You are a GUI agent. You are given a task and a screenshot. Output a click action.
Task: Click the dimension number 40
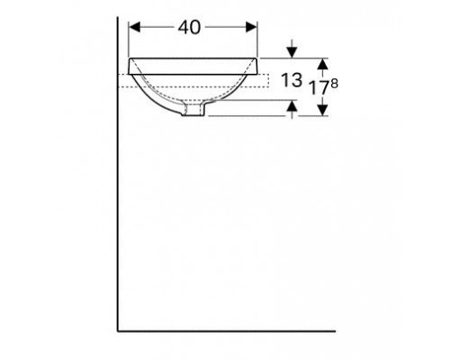pyautogui.click(x=189, y=28)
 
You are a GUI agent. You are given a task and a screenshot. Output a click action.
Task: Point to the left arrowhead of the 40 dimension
pyautogui.click(x=135, y=28)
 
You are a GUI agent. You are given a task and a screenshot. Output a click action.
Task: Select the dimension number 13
pyautogui.click(x=290, y=81)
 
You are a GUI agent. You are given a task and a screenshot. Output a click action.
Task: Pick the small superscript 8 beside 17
pyautogui.click(x=335, y=84)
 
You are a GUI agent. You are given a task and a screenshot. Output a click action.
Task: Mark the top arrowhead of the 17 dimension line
pyautogui.click(x=325, y=62)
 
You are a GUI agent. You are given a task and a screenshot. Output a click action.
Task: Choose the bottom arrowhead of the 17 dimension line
pyautogui.click(x=325, y=112)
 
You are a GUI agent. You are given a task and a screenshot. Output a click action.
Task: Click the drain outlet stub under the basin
pyautogui.click(x=192, y=110)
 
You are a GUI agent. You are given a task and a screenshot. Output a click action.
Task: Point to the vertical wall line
pyautogui.click(x=119, y=180)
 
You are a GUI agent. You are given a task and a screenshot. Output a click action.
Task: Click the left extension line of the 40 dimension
pyautogui.click(x=130, y=40)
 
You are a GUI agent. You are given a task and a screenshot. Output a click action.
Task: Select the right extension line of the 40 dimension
pyautogui.click(x=258, y=40)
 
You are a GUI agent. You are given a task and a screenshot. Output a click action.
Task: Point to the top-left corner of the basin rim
pyautogui.click(x=130, y=59)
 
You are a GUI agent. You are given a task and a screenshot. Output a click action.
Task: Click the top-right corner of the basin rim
pyautogui.click(x=259, y=59)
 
